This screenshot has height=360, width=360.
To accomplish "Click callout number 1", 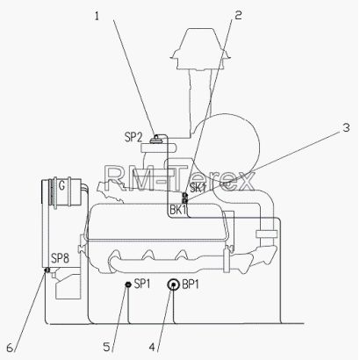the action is (x=97, y=16).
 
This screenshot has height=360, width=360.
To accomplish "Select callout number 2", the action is (x=238, y=15).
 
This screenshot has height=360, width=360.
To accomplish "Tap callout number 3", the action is (x=346, y=127).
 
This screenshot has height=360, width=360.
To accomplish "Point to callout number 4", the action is (x=152, y=347).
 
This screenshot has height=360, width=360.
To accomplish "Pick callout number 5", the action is (x=106, y=347).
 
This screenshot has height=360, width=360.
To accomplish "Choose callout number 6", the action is (x=10, y=348).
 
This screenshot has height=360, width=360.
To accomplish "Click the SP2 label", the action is (x=133, y=137).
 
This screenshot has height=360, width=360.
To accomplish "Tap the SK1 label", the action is (x=198, y=188).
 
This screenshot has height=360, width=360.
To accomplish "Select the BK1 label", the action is (x=178, y=210).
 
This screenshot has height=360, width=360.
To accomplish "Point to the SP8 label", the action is (x=60, y=258).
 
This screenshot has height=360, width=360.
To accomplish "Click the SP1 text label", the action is (x=142, y=284).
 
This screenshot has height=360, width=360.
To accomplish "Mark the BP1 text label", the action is (x=191, y=284).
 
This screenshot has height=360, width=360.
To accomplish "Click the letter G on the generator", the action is (x=61, y=185).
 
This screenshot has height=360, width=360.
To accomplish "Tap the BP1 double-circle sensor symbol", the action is (x=173, y=284).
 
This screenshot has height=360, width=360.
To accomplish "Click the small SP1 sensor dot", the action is (x=127, y=284).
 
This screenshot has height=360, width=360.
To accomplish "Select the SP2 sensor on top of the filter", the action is (x=157, y=139).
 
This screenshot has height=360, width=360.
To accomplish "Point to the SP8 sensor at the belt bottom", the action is (x=47, y=270).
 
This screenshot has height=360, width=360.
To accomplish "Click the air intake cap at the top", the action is (x=199, y=49).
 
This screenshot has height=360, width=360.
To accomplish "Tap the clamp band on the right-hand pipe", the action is (x=266, y=234).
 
